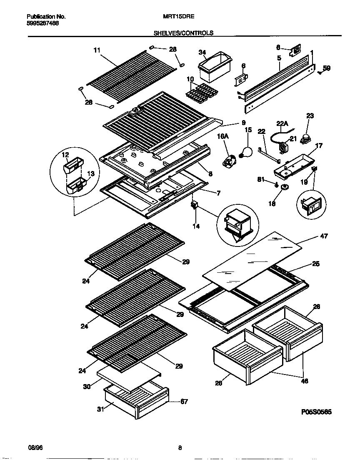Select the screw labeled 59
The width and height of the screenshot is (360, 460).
[x=320, y=72]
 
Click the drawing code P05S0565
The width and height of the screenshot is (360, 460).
[x=316, y=411]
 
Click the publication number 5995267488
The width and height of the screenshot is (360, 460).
[x=42, y=24]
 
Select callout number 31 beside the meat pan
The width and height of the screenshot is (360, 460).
[x=100, y=409]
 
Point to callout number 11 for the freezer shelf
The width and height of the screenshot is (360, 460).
[x=97, y=50]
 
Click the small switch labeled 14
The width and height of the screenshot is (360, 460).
[x=194, y=205]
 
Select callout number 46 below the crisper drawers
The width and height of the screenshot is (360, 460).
[x=304, y=381]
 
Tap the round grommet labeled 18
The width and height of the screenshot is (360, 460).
[x=285, y=187]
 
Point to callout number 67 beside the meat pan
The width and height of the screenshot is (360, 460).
[x=184, y=402]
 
